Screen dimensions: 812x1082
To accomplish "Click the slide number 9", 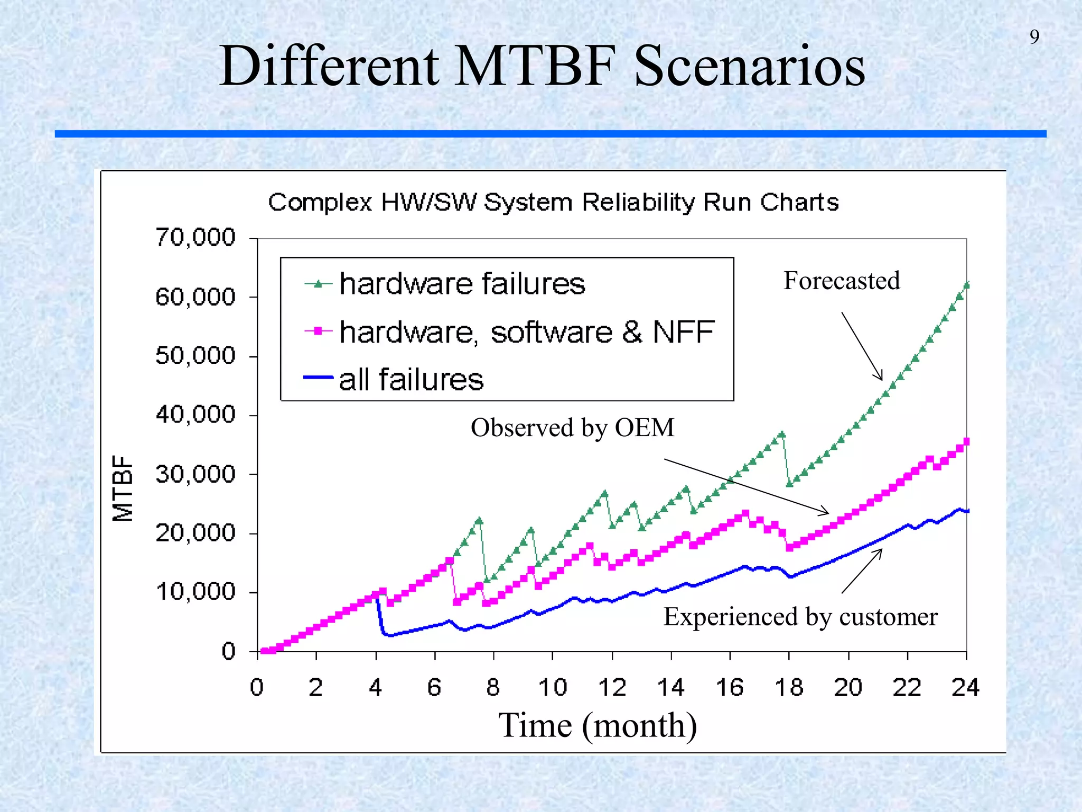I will [1034, 37].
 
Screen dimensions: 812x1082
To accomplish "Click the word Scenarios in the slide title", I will [749, 66].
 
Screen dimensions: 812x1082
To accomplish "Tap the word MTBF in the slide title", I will [535, 66].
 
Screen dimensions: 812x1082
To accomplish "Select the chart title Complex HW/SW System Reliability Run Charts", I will [553, 202].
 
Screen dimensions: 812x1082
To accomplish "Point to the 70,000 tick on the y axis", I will [195, 237].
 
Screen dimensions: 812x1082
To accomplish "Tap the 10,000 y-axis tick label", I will [195, 592].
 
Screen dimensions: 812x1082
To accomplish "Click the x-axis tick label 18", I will [789, 688].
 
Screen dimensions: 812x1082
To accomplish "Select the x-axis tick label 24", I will [965, 688].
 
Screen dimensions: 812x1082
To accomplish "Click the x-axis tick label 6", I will [434, 688].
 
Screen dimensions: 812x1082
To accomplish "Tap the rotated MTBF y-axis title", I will [123, 488].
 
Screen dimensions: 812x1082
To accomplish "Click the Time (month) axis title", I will [598, 725].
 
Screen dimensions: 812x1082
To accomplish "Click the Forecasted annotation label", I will [841, 281].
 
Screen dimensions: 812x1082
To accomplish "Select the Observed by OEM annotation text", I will [572, 428].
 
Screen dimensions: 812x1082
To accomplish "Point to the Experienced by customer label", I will [800, 617].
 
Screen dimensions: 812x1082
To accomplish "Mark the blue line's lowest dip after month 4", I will [390, 635].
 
